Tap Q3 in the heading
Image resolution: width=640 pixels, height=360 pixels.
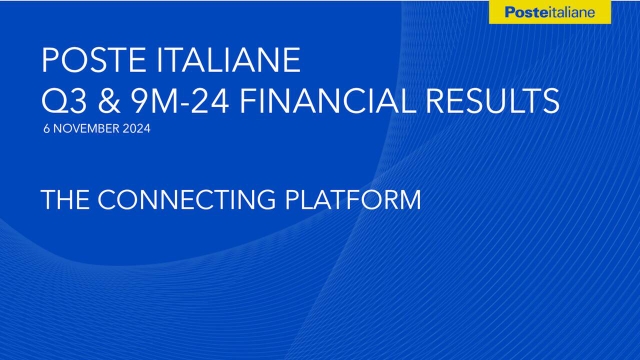[x=62, y=100]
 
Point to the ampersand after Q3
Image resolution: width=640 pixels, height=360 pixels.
[x=107, y=100]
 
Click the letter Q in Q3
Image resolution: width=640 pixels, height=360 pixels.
[x=53, y=100]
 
